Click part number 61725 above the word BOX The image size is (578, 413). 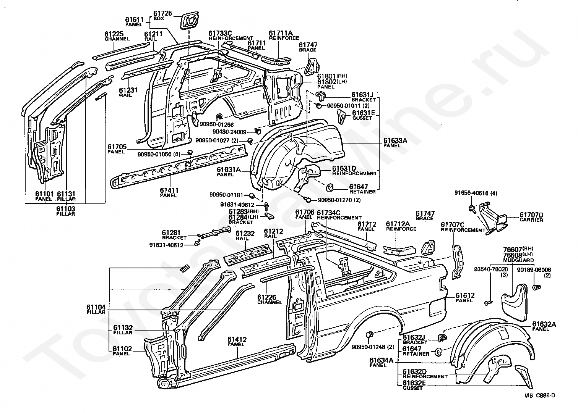point(162,13)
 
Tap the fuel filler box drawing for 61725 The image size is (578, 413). point(189,21)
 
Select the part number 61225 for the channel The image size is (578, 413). point(114,34)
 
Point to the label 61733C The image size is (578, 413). point(220,33)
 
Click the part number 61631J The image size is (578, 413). point(362,95)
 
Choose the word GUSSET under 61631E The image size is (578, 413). point(362,118)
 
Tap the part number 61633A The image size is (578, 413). point(395,140)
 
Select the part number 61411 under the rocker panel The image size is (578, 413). point(169,190)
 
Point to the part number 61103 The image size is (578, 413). point(65,209)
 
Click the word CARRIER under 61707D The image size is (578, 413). point(531,220)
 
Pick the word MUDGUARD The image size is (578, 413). point(518,260)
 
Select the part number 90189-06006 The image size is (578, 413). point(534,270)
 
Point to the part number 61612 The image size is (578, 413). point(465,295)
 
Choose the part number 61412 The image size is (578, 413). point(237,340)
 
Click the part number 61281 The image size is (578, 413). point(171,233)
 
